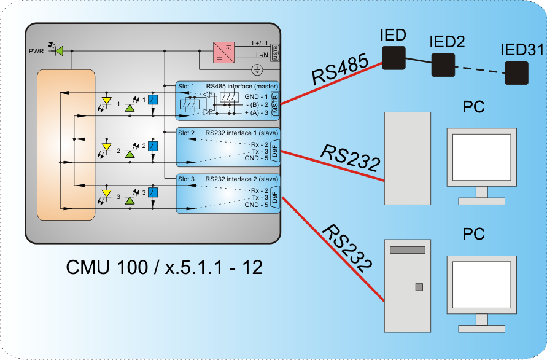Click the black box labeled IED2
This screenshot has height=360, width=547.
coord(442,65)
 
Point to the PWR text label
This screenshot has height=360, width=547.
coord(36,50)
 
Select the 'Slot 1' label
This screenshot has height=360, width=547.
coord(186,86)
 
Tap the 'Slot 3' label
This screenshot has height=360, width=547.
coord(186,179)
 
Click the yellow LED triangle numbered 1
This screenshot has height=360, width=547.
coord(106,101)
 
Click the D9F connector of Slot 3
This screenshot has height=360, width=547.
coord(274,197)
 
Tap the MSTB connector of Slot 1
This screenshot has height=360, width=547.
coord(274,104)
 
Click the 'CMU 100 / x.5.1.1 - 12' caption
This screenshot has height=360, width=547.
coord(164,267)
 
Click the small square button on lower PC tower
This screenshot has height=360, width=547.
coord(419,287)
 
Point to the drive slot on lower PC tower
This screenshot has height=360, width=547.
coord(407,250)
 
